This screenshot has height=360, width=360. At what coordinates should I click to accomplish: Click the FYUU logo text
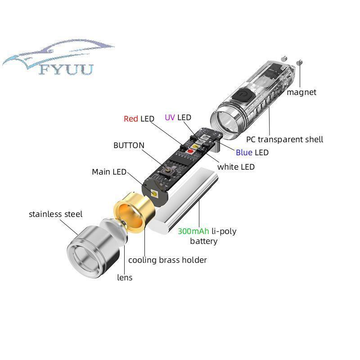(x=66, y=69)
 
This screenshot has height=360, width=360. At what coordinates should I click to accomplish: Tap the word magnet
(x=301, y=92)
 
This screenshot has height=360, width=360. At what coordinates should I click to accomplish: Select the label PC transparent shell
(x=284, y=139)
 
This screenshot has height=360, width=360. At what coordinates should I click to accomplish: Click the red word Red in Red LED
(x=130, y=119)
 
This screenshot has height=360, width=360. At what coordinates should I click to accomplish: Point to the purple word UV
(x=170, y=117)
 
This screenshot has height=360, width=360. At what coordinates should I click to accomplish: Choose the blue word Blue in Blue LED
(x=244, y=153)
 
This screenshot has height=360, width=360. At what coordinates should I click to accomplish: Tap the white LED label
(x=236, y=167)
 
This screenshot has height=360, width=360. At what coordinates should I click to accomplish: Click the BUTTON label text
(x=129, y=145)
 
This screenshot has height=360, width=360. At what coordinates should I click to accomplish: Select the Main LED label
(x=109, y=172)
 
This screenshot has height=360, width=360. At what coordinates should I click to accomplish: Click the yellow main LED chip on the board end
(x=155, y=193)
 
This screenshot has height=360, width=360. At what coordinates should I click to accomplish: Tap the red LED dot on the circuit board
(x=190, y=151)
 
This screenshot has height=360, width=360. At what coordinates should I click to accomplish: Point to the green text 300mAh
(x=193, y=231)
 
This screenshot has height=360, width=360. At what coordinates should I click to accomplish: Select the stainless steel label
(x=55, y=214)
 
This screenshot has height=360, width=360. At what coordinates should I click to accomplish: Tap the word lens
(x=125, y=278)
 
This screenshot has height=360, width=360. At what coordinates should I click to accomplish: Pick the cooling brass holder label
(x=167, y=260)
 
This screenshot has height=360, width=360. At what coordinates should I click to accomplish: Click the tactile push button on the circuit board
(x=167, y=172)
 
